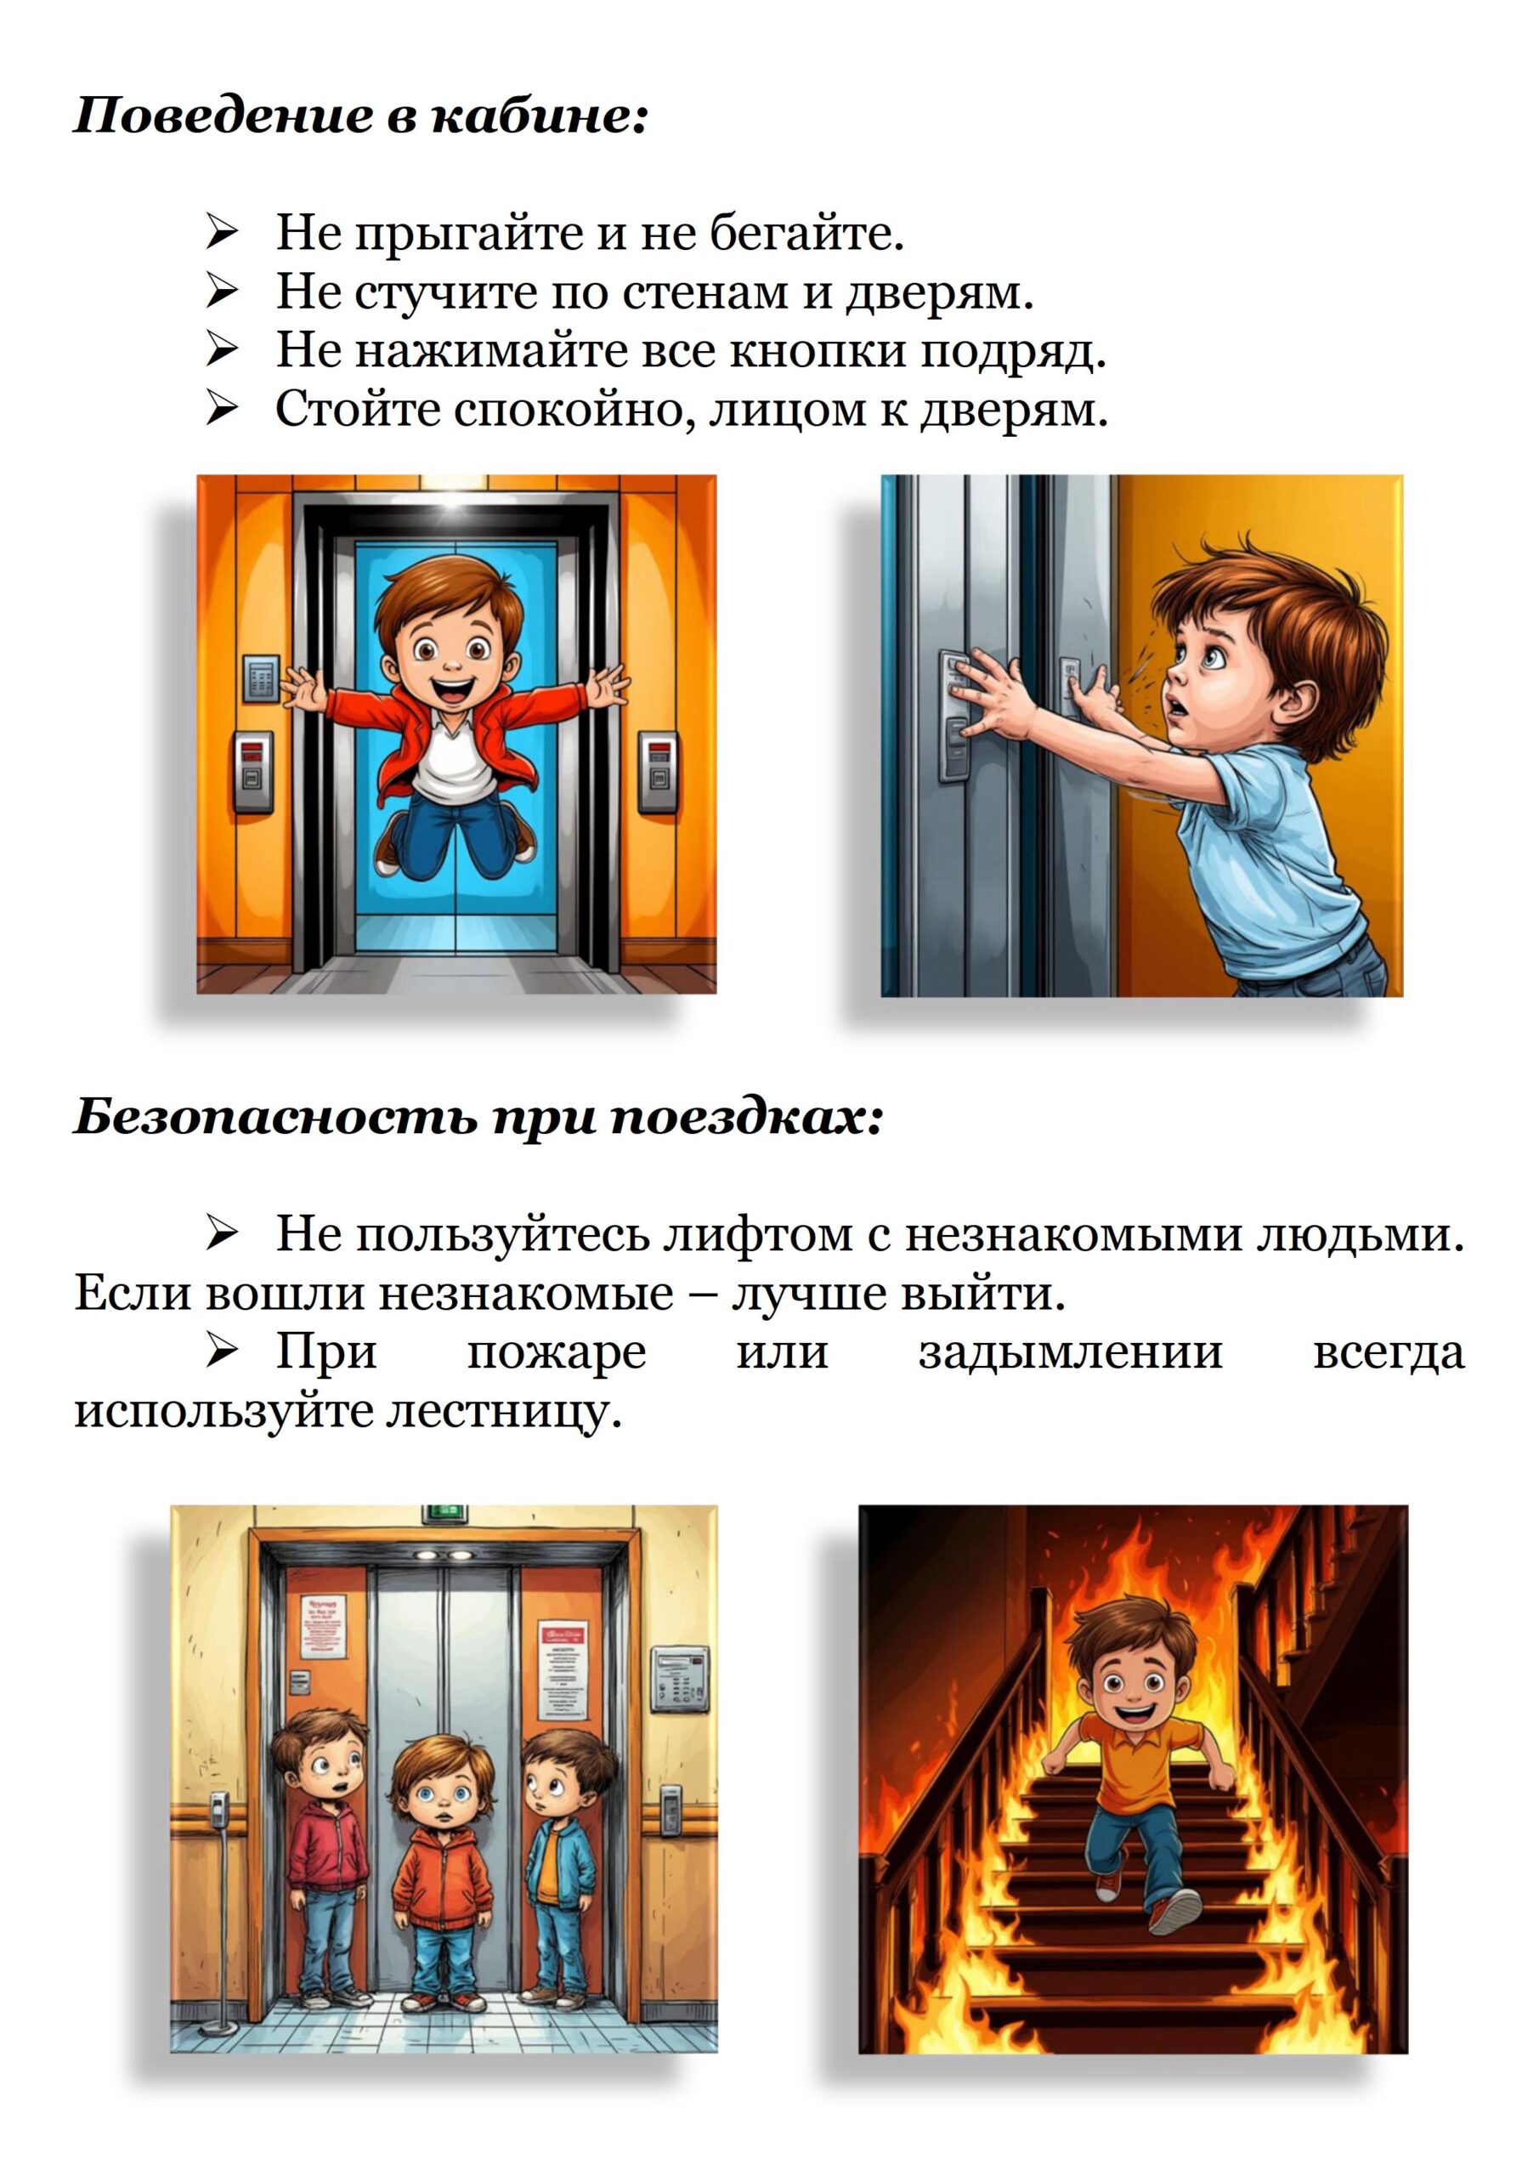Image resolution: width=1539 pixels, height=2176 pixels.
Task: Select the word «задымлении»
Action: point(1070,1352)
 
